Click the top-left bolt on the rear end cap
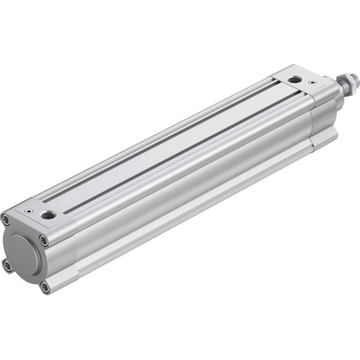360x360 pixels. click(x=6, y=220)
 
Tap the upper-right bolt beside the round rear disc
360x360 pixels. click(x=44, y=240)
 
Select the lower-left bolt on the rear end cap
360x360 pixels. click(x=7, y=266)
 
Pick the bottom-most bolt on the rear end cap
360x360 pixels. click(x=45, y=287)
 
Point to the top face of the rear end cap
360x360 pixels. click(x=36, y=216)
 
